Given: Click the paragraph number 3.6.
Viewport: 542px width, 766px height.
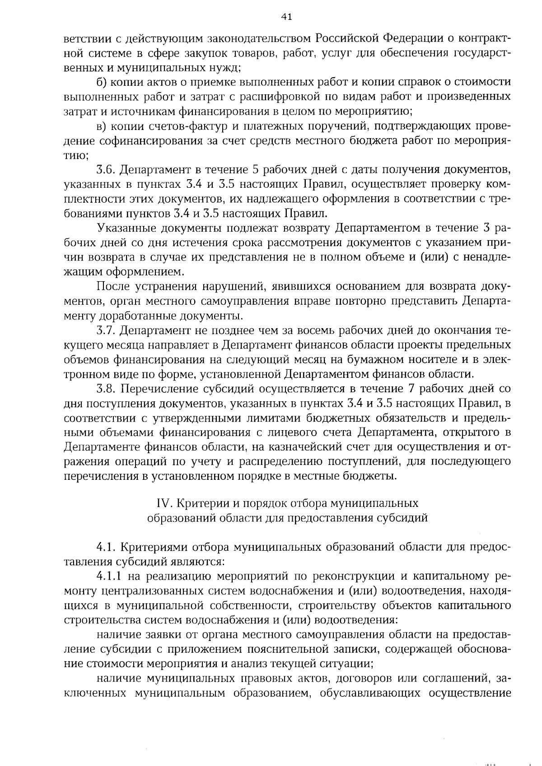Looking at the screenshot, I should pyautogui.click(x=106, y=170).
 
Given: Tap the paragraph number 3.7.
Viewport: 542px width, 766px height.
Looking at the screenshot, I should pyautogui.click(x=106, y=330).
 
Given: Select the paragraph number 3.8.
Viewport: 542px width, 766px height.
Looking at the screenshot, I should pyautogui.click(x=106, y=389).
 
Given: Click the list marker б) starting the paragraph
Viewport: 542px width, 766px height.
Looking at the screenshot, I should pyautogui.click(x=102, y=82).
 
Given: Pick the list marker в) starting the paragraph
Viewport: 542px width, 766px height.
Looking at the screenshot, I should pyautogui.click(x=102, y=126).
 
